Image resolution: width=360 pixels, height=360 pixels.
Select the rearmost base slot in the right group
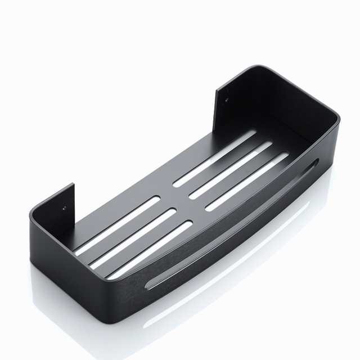(214, 157)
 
